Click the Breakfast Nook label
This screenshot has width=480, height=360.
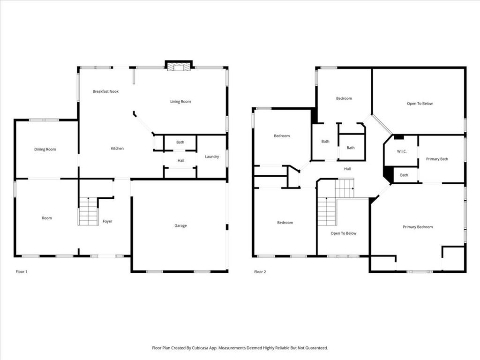point(105,91)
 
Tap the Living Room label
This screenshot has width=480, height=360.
point(180,101)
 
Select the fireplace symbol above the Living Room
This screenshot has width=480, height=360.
point(180,67)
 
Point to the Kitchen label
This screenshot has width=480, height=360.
point(117,149)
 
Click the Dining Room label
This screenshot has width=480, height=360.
point(45,150)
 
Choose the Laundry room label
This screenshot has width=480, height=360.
point(212,157)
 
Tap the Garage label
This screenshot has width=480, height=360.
point(180,225)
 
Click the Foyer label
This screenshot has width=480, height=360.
point(107,221)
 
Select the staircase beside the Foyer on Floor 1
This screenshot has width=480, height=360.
point(88,211)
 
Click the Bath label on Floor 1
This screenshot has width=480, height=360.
point(180,142)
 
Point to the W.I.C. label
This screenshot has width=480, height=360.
point(401,151)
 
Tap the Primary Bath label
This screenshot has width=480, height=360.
point(437,159)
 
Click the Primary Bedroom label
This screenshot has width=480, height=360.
point(418,227)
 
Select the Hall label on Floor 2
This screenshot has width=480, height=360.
point(347,169)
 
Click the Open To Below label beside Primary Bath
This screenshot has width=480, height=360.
point(420,104)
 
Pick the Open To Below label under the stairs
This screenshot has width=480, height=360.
point(344,233)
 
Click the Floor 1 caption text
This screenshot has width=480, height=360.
point(22,271)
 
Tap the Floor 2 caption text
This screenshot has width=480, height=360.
point(260,271)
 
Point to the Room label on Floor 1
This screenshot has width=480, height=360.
point(47,218)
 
